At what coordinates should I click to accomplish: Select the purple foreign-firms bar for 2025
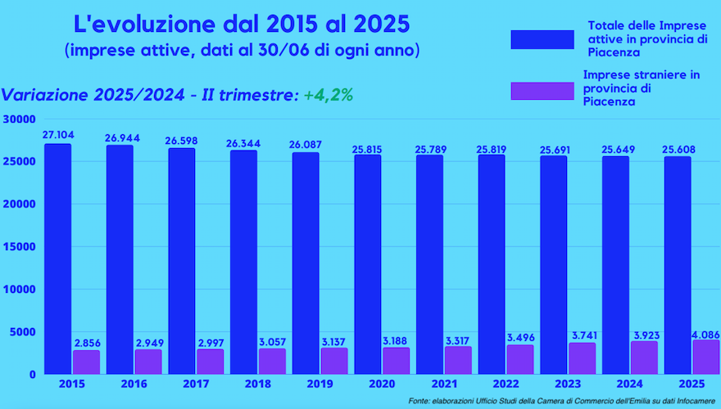[x=705, y=357]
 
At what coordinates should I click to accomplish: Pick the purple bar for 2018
[x=271, y=361]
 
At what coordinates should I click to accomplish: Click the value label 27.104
[x=57, y=136]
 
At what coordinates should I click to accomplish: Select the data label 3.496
[x=519, y=338]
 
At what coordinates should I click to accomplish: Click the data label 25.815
[x=368, y=150]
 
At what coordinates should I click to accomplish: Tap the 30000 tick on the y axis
[x=19, y=119]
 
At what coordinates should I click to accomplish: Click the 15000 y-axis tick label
[x=19, y=246]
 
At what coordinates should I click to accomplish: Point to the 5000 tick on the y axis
[x=22, y=331]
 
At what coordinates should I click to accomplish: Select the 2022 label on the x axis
[x=504, y=383]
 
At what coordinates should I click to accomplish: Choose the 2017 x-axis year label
[x=194, y=383]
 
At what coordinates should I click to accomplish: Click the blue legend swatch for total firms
[x=542, y=39]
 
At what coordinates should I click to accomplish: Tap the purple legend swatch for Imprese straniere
[x=542, y=90]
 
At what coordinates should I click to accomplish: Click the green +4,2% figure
[x=328, y=95]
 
